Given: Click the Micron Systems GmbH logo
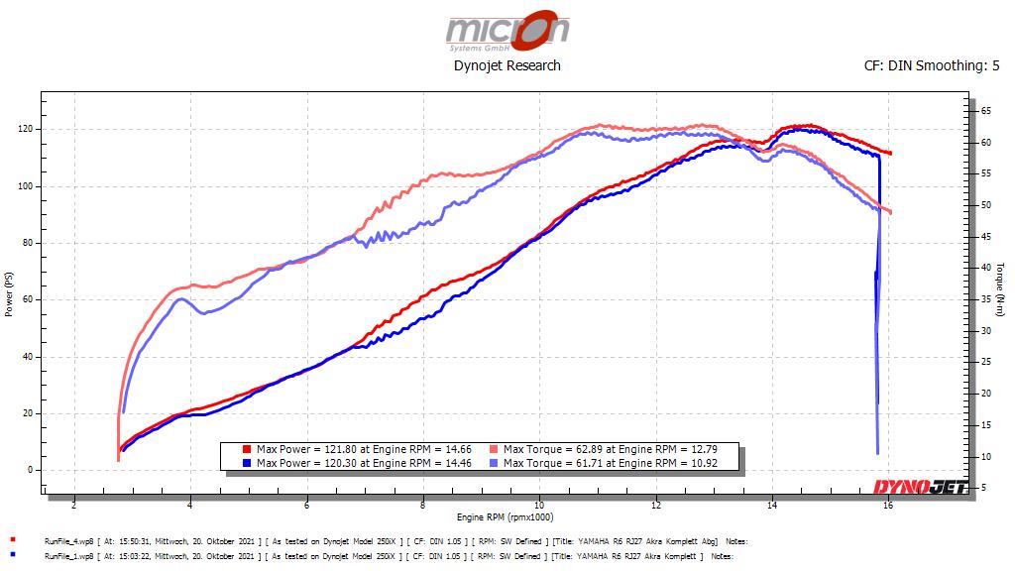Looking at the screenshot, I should pyautogui.click(x=507, y=31).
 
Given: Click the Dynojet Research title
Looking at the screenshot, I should pyautogui.click(x=507, y=65).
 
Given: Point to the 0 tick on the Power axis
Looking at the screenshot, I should pyautogui.click(x=30, y=470).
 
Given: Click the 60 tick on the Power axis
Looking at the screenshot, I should pyautogui.click(x=27, y=299).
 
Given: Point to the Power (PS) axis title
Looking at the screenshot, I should pyautogui.click(x=9, y=293).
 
